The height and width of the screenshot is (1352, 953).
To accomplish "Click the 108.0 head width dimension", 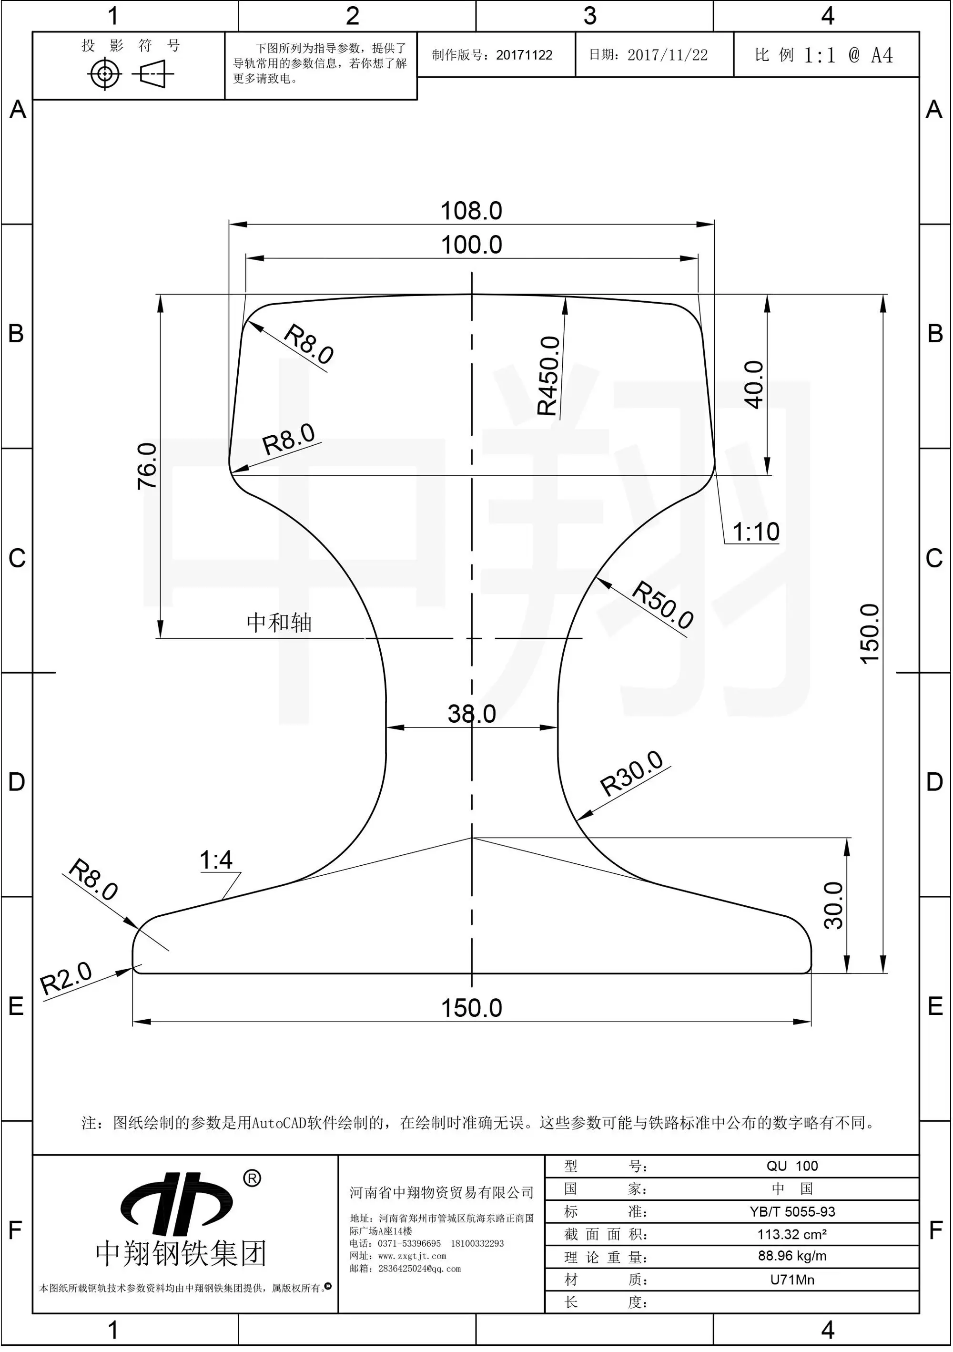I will coord(471,211).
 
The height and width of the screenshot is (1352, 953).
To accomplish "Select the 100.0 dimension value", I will coord(471,245).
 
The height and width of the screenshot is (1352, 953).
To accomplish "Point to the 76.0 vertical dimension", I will coord(147,466).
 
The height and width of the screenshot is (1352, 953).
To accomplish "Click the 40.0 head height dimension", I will coord(754,385).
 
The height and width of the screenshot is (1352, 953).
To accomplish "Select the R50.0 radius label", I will coord(663,605).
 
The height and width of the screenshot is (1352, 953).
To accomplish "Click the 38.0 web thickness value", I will coord(471,714).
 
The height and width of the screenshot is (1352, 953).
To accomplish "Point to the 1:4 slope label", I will coord(216,860).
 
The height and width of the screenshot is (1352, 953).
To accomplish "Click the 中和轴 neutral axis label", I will coord(279,623).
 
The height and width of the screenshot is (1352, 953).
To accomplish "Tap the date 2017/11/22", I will coord(668,55).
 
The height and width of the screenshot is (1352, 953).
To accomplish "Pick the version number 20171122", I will coord(524,55).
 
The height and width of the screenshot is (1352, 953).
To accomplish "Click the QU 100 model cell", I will coord(792,1166).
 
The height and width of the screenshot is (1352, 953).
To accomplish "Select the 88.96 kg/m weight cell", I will coord(792,1256).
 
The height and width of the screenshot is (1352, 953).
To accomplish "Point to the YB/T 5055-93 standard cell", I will coord(792,1211).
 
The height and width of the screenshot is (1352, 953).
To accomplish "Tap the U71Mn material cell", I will coord(792,1280).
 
